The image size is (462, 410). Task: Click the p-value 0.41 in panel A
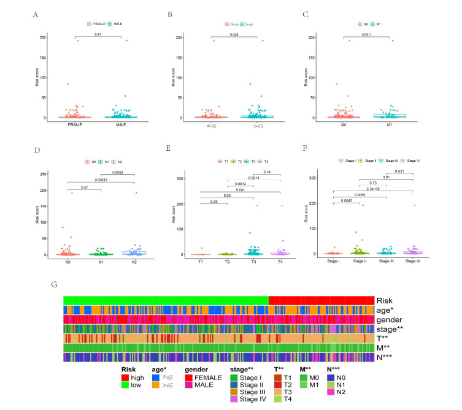pyautogui.click(x=97, y=34)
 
